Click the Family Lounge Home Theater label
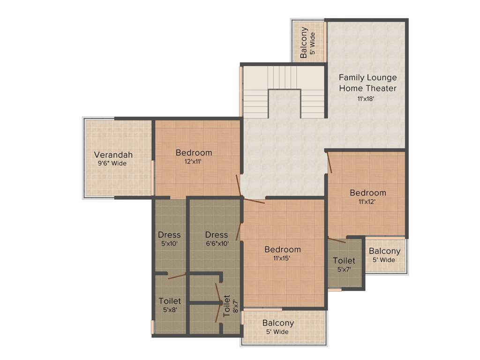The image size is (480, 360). click(367, 82)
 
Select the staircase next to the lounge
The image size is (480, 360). click(283, 92)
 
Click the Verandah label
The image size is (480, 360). click(113, 155)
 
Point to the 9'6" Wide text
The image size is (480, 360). click(112, 164)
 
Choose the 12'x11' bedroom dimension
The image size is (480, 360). click(193, 162)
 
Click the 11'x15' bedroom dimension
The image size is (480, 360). click(282, 258)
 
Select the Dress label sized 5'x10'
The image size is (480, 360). click(169, 234)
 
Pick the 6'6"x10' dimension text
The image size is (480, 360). click(217, 244)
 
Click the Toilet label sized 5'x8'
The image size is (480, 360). click(169, 301)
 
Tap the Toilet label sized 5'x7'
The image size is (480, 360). click(344, 261)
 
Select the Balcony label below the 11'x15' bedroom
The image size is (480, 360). click(278, 323)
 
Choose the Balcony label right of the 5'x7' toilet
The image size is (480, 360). click(384, 251)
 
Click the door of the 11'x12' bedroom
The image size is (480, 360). click(330, 162)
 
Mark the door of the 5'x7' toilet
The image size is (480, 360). click(337, 240)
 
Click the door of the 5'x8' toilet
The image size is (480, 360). click(177, 276)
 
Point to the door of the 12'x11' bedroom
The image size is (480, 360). click(239, 186)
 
